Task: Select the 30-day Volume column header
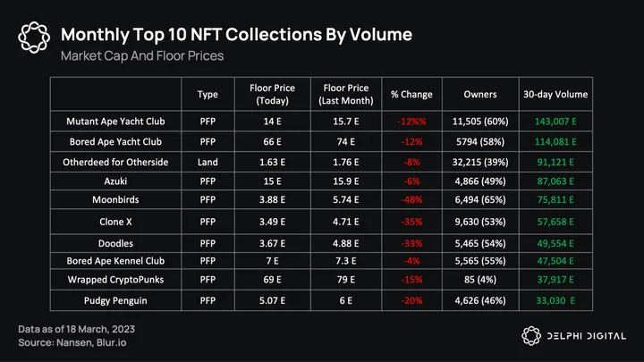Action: pyautogui.click(x=554, y=94)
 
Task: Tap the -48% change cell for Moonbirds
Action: pyautogui.click(x=411, y=200)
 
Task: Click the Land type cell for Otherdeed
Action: pyautogui.click(x=208, y=161)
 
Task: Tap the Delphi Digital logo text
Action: pyautogui.click(x=582, y=335)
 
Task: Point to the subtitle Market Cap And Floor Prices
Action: pyautogui.click(x=141, y=56)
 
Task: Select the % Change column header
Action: pyautogui.click(x=411, y=94)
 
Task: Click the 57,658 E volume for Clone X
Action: pyautogui.click(x=554, y=221)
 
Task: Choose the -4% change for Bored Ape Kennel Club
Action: pyautogui.click(x=411, y=261)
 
